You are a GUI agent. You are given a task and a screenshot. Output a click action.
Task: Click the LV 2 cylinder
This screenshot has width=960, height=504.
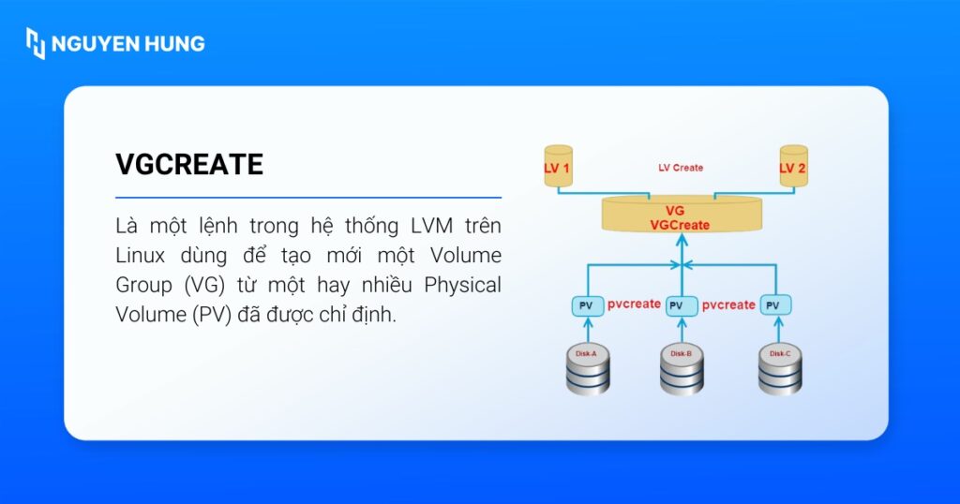tap(793, 166)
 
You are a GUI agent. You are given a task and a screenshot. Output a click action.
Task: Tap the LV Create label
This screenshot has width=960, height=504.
tap(681, 168)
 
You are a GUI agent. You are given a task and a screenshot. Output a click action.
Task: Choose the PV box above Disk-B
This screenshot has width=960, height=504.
tap(682, 305)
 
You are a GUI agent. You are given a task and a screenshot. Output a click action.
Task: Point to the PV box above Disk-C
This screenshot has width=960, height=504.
tap(776, 305)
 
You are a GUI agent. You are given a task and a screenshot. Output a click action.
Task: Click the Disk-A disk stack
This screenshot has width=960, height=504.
tap(588, 369)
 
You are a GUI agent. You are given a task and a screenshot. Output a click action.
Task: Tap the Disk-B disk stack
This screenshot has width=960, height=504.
tap(682, 369)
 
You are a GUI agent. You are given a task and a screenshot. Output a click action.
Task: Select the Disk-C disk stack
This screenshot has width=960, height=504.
tap(779, 369)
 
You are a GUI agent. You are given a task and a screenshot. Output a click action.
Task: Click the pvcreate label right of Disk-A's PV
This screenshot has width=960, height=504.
tap(634, 304)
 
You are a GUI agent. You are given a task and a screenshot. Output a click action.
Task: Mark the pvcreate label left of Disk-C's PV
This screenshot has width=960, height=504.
tap(728, 304)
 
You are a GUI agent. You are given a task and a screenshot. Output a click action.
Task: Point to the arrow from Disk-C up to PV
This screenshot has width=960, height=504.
tap(777, 329)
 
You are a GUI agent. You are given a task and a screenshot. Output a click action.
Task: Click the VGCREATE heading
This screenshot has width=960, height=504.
tap(189, 165)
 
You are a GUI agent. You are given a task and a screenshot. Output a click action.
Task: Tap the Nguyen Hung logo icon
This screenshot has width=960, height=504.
tap(36, 43)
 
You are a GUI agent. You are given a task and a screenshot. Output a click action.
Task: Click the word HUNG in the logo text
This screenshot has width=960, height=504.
tap(173, 44)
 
